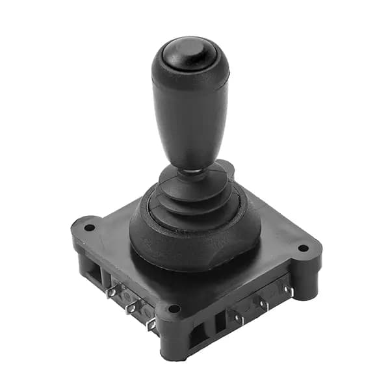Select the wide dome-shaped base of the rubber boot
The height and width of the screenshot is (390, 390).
(195, 234)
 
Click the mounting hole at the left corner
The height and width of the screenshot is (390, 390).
(89, 227)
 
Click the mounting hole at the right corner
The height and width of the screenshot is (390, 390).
(302, 248)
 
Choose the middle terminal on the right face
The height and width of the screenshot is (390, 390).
(263, 304)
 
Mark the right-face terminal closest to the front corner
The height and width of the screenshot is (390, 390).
(238, 319)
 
